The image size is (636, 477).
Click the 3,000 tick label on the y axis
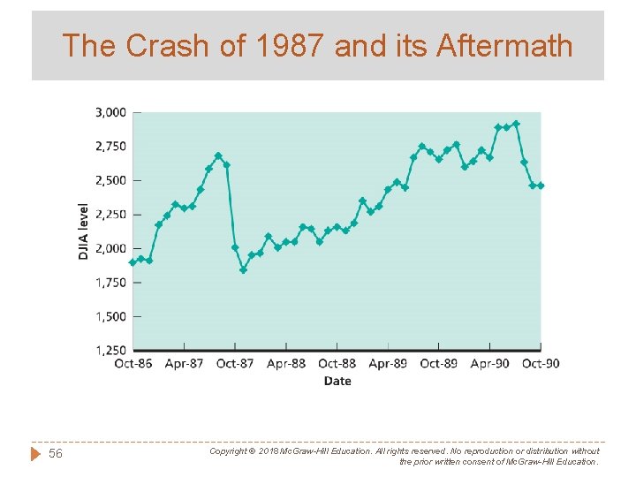(110, 112)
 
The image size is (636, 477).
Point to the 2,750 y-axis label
(110, 146)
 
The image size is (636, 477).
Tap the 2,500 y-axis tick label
(110, 180)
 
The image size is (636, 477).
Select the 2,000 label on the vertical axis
(110, 248)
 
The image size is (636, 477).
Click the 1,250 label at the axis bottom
(110, 351)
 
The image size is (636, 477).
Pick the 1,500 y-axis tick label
(110, 316)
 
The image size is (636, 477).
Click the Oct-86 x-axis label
(133, 364)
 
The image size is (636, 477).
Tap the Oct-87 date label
(235, 364)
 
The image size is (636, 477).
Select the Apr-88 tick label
(286, 364)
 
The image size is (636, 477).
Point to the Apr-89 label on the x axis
(388, 364)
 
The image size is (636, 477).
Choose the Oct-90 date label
(541, 364)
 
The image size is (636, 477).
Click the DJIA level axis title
(83, 231)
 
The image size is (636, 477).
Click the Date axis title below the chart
(337, 382)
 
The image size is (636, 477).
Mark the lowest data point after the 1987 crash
(243, 269)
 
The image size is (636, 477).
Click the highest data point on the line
(516, 124)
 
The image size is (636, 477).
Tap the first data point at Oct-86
(132, 262)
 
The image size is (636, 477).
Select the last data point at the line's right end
(541, 185)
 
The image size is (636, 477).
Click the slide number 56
(56, 453)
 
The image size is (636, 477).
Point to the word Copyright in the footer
(229, 450)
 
